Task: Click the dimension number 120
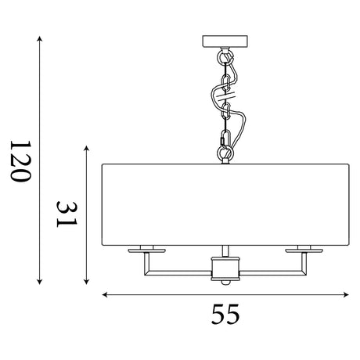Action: [x=21, y=160]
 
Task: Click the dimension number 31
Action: [x=67, y=214]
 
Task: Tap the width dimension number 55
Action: [x=225, y=314]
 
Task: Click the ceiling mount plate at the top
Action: [x=225, y=41]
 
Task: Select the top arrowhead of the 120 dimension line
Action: [x=39, y=38]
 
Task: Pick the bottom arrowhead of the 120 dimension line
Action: [x=39, y=282]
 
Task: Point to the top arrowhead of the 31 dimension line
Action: [x=87, y=149]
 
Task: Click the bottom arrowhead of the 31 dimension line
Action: [x=87, y=282]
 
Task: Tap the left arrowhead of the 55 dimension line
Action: [x=105, y=295]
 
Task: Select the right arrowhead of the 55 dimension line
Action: [x=346, y=295]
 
